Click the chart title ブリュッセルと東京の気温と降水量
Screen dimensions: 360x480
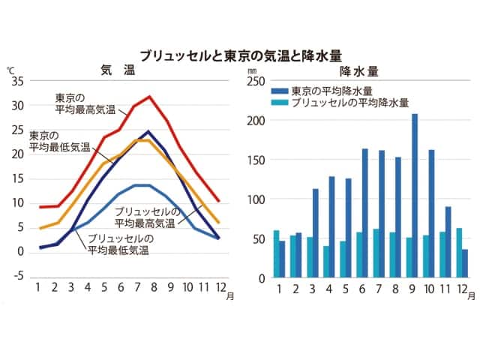coord(240,55)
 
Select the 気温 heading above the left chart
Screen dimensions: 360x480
coord(118,70)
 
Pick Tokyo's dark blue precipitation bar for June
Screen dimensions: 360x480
coord(365,213)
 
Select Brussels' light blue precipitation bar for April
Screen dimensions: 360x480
coord(326,262)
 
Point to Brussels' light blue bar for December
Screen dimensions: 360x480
coord(458,253)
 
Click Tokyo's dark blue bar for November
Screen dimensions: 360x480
coord(447,242)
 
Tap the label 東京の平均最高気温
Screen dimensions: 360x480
coord(85,104)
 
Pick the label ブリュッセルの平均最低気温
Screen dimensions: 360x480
coord(118,244)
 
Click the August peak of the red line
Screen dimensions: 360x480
coord(150,97)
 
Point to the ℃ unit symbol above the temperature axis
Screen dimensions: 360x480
coord(10,70)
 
